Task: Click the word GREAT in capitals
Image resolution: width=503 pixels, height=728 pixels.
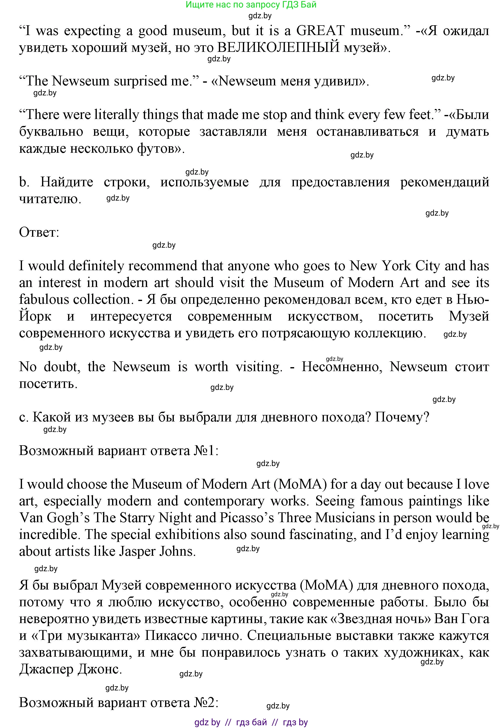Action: click(320, 31)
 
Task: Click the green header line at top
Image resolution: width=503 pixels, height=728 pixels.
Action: click(251, 5)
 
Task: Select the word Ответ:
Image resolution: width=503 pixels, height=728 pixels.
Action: click(39, 233)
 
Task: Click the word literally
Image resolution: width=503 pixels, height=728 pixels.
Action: click(117, 114)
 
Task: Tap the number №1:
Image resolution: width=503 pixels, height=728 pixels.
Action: click(206, 451)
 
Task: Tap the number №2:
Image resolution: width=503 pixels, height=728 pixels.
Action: click(206, 703)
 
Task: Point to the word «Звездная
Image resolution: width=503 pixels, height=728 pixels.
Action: click(356, 619)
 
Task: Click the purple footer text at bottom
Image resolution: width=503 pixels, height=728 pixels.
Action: click(251, 722)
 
